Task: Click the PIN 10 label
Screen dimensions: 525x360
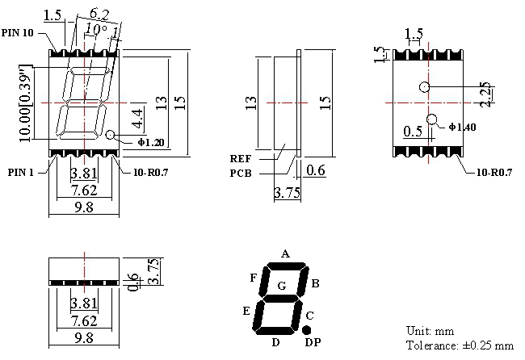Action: click(18, 33)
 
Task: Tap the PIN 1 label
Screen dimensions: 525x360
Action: click(21, 172)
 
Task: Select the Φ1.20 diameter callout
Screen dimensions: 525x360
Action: click(151, 143)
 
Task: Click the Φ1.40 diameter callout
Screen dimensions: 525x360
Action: click(462, 128)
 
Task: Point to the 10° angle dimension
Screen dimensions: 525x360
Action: click(96, 29)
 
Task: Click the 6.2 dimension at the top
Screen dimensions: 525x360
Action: click(99, 14)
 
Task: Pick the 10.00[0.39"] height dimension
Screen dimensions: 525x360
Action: click(25, 103)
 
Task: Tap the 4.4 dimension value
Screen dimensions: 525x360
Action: click(137, 119)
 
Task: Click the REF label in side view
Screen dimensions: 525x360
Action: click(241, 158)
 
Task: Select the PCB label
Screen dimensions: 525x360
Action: click(241, 174)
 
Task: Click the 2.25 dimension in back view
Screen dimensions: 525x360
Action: click(485, 94)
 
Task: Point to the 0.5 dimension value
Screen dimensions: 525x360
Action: click(413, 132)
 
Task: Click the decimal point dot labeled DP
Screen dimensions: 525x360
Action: click(306, 330)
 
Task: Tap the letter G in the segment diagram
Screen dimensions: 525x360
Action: click(282, 286)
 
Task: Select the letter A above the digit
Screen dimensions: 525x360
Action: click(285, 254)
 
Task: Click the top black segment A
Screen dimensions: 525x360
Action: click(286, 266)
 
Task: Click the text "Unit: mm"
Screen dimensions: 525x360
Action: click(430, 331)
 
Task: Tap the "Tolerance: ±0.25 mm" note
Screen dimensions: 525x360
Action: click(460, 345)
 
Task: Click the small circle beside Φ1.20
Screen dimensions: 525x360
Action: click(111, 135)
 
